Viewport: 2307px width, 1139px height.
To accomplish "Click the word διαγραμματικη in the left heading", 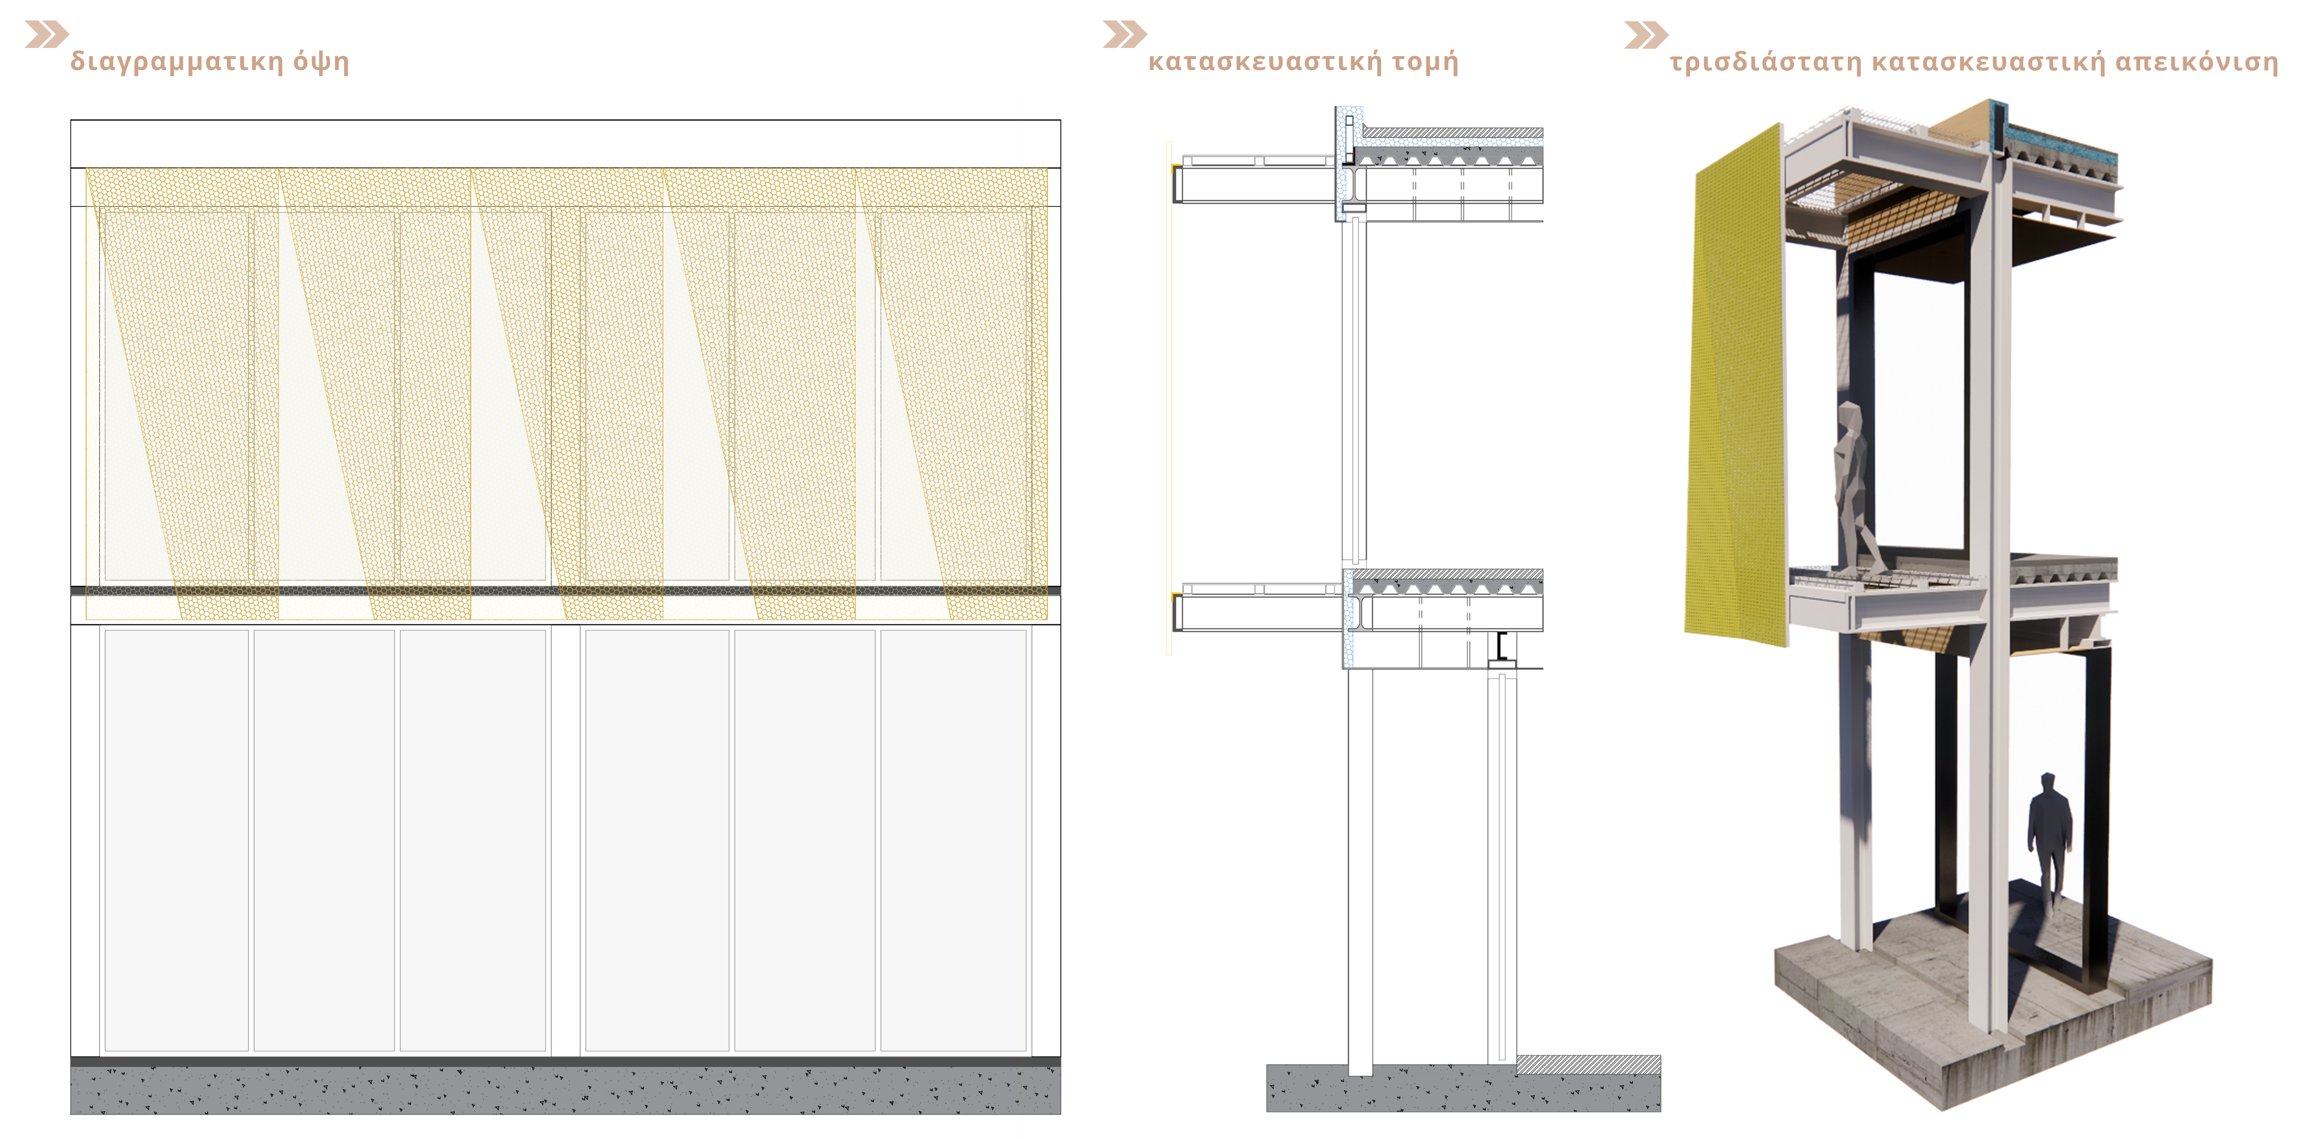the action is [x=177, y=62].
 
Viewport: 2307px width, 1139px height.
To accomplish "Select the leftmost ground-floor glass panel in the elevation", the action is [x=177, y=840].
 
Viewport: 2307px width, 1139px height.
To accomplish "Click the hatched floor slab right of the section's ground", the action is [x=1589, y=1065].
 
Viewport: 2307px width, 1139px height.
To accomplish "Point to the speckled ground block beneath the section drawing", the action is [x=1463, y=1089].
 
